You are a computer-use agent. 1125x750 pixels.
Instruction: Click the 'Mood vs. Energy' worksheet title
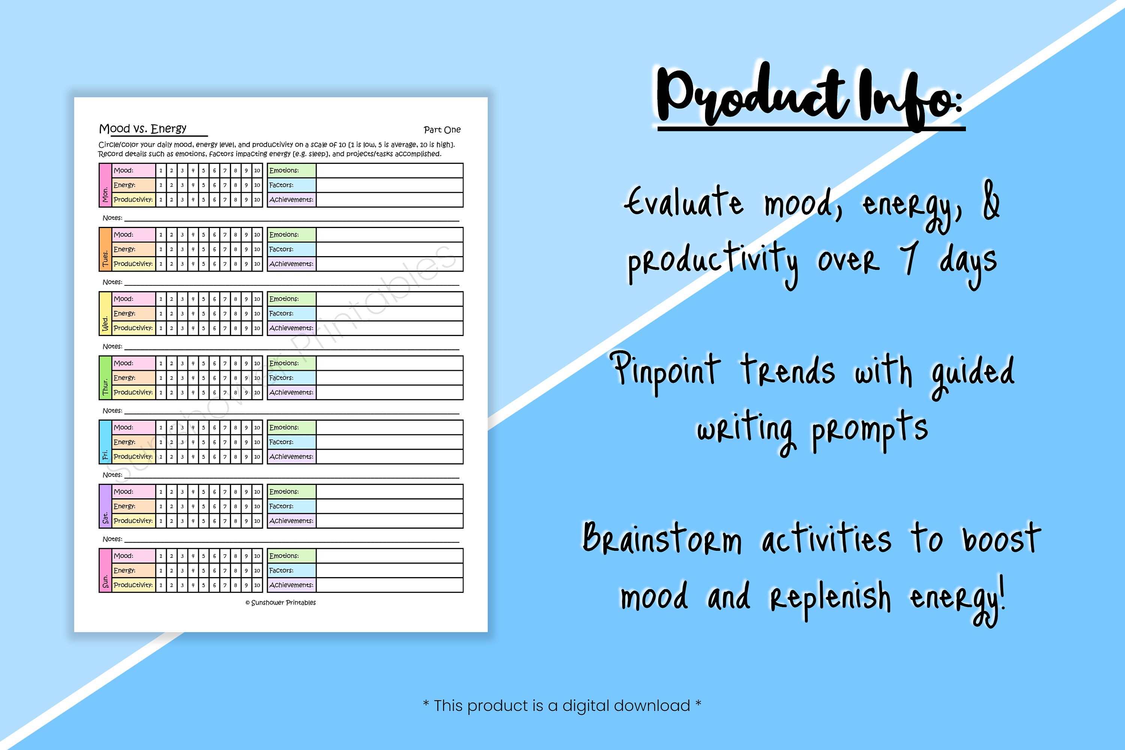point(142,129)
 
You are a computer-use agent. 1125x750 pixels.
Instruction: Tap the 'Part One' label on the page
point(442,130)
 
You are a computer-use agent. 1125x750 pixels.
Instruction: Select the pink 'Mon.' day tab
point(105,185)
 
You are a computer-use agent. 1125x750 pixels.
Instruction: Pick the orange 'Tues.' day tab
point(105,249)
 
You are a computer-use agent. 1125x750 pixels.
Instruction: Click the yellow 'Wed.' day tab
point(105,313)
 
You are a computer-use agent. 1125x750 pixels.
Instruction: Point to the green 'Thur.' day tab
point(105,378)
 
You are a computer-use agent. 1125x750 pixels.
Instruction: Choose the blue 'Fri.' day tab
point(105,442)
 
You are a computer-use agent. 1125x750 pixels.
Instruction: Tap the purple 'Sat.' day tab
point(105,506)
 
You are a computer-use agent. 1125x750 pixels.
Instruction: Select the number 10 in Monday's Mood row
point(257,171)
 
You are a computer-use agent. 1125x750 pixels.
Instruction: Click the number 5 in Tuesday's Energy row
point(203,249)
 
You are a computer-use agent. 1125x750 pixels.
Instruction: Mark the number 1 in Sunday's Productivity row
point(161,585)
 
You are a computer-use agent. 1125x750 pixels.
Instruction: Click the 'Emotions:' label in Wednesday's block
point(284,299)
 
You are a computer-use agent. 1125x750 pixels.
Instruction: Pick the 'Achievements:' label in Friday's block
point(291,457)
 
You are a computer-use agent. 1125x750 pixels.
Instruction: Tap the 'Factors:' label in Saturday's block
point(281,506)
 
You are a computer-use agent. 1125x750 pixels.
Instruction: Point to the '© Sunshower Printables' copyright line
point(281,603)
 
